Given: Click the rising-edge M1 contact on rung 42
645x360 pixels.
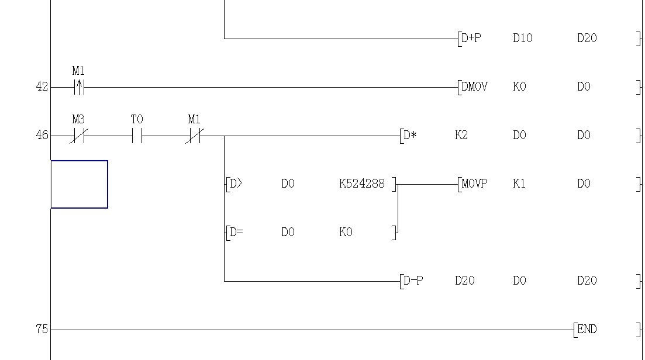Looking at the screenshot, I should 79,88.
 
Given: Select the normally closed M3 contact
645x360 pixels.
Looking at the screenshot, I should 78,136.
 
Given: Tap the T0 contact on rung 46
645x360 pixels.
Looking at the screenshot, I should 137,136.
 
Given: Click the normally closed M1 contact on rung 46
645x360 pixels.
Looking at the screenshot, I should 194,136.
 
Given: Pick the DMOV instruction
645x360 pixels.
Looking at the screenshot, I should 474,87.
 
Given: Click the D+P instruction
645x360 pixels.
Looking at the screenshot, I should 471,39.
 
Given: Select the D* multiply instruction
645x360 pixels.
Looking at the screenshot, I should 411,136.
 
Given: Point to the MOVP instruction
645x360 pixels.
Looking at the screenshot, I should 474,184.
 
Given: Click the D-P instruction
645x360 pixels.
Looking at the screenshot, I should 413,281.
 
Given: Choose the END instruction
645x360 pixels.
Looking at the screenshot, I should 587,330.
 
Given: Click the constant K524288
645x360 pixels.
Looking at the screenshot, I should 361,184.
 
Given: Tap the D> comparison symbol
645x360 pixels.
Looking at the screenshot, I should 235,184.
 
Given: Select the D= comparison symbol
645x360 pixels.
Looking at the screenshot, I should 236,233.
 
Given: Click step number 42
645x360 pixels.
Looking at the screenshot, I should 42,87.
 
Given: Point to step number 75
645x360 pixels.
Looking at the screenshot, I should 42,330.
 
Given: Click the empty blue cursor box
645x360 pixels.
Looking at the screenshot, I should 80,184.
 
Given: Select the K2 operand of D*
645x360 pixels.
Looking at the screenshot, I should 461,136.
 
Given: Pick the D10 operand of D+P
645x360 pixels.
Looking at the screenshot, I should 522,39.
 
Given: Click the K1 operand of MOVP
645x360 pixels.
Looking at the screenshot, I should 519,184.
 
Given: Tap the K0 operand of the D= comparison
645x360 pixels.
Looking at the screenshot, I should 346,233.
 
